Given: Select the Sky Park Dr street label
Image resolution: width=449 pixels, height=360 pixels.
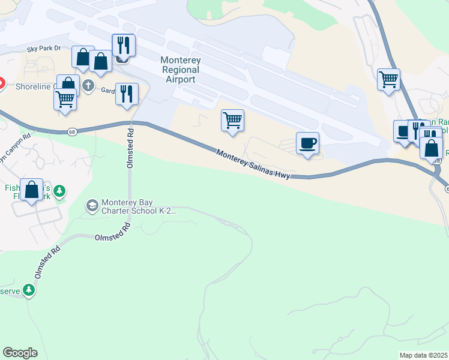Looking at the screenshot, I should pyautogui.click(x=44, y=47).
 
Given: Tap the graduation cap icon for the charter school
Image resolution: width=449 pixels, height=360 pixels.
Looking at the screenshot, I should pyautogui.click(x=92, y=206).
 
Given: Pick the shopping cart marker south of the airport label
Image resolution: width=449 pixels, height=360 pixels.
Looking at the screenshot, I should pyautogui.click(x=232, y=119).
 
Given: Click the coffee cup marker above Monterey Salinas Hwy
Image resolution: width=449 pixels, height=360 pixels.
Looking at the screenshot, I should pyautogui.click(x=307, y=143).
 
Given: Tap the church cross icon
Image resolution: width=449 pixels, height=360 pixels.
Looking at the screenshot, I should pyautogui.click(x=88, y=85).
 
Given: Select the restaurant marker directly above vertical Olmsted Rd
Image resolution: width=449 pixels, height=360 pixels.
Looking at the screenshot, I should pyautogui.click(x=126, y=94).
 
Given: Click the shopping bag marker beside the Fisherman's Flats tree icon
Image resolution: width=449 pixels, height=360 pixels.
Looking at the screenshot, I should pyautogui.click(x=31, y=189).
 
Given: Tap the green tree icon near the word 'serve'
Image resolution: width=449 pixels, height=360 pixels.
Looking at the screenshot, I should pyautogui.click(x=28, y=290).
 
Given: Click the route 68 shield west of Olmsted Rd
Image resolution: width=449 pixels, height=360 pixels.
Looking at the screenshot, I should pyautogui.click(x=72, y=131).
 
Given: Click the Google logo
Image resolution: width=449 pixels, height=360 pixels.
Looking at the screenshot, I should pyautogui.click(x=20, y=353).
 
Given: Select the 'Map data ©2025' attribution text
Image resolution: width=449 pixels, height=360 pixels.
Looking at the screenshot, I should pyautogui.click(x=423, y=355).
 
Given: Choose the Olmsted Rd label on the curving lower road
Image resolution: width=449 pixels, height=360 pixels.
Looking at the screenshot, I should pyautogui.click(x=112, y=233).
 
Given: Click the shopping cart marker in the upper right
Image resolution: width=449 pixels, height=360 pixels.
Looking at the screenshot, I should pyautogui.click(x=388, y=79).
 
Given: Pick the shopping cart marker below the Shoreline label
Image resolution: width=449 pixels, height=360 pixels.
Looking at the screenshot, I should pyautogui.click(x=65, y=99).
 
